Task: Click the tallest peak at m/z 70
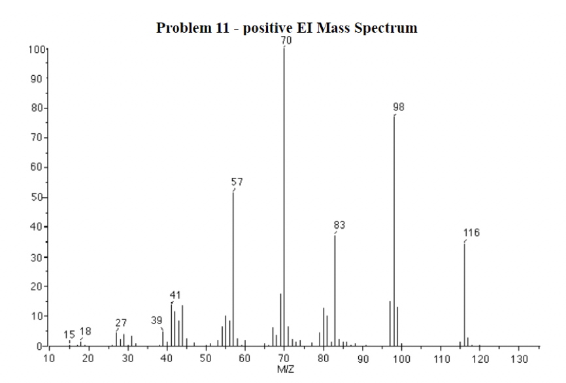coord(284,196)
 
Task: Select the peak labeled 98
coord(394,229)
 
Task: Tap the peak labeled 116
coord(465,294)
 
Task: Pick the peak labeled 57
coord(233,268)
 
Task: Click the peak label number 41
coord(175,295)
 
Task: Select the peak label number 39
coord(157,320)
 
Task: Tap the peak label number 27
coord(122,323)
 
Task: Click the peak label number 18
coord(86,331)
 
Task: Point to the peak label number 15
coord(69,335)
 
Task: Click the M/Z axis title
coord(286,370)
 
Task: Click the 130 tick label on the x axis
coord(519,358)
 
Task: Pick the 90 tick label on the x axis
coord(363,358)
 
